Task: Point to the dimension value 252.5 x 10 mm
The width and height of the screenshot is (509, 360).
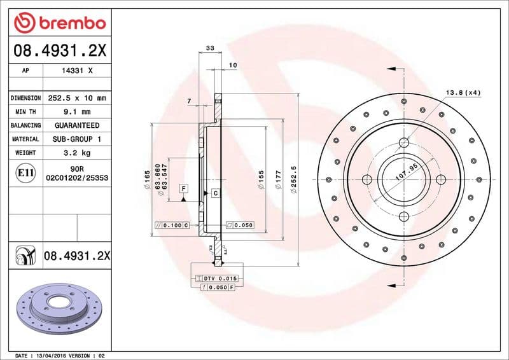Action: pyautogui.click(x=77, y=98)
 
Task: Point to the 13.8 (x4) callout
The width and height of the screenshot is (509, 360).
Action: pyautogui.click(x=463, y=93)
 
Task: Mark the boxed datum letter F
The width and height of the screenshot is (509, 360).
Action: pyautogui.click(x=183, y=188)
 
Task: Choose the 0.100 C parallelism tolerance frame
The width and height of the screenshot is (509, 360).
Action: pyautogui.click(x=172, y=225)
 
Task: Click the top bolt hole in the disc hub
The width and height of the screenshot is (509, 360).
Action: pyautogui.click(x=405, y=142)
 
